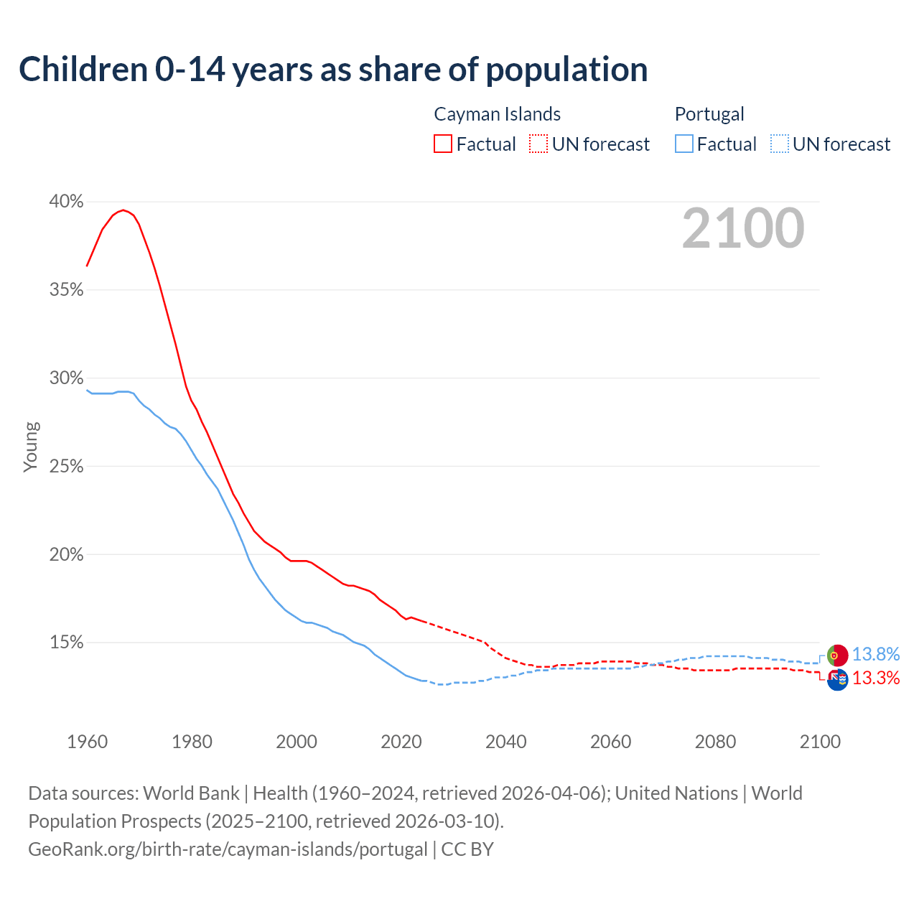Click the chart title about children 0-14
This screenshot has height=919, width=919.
point(333,70)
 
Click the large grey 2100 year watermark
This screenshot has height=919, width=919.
point(743,228)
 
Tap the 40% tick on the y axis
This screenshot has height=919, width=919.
point(66,202)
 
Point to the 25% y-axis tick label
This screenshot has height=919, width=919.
point(66,467)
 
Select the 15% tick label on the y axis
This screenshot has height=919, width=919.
point(66,643)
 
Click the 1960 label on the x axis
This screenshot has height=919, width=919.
point(88,742)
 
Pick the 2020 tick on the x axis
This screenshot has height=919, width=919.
point(401,742)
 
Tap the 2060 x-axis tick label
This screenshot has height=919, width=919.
point(610,742)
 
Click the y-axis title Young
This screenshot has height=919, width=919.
point(31,447)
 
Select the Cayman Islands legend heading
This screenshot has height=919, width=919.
point(497,114)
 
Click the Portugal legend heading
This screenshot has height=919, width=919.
point(709,114)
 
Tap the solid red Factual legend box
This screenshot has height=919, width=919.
point(443,144)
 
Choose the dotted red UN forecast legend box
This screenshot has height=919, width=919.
point(538,144)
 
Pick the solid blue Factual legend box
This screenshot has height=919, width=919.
point(684,144)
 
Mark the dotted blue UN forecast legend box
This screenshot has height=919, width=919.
point(779,144)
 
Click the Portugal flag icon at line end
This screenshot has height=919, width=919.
point(838,655)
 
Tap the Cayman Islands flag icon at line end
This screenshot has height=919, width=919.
point(838,679)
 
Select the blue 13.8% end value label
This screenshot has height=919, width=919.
point(876,655)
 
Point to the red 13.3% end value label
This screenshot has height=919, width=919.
point(876,678)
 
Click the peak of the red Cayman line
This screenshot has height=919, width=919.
point(123,210)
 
